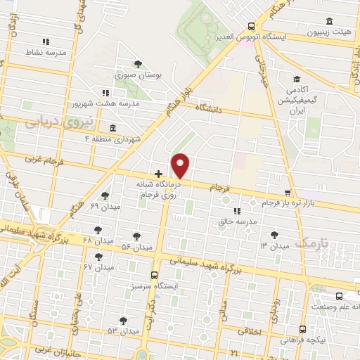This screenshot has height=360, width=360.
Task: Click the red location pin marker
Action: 181,165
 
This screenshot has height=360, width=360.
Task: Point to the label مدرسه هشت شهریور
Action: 106,103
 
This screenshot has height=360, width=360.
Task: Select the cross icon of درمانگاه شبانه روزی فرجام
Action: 158,173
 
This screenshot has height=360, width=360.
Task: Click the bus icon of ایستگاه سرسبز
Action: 155,275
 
